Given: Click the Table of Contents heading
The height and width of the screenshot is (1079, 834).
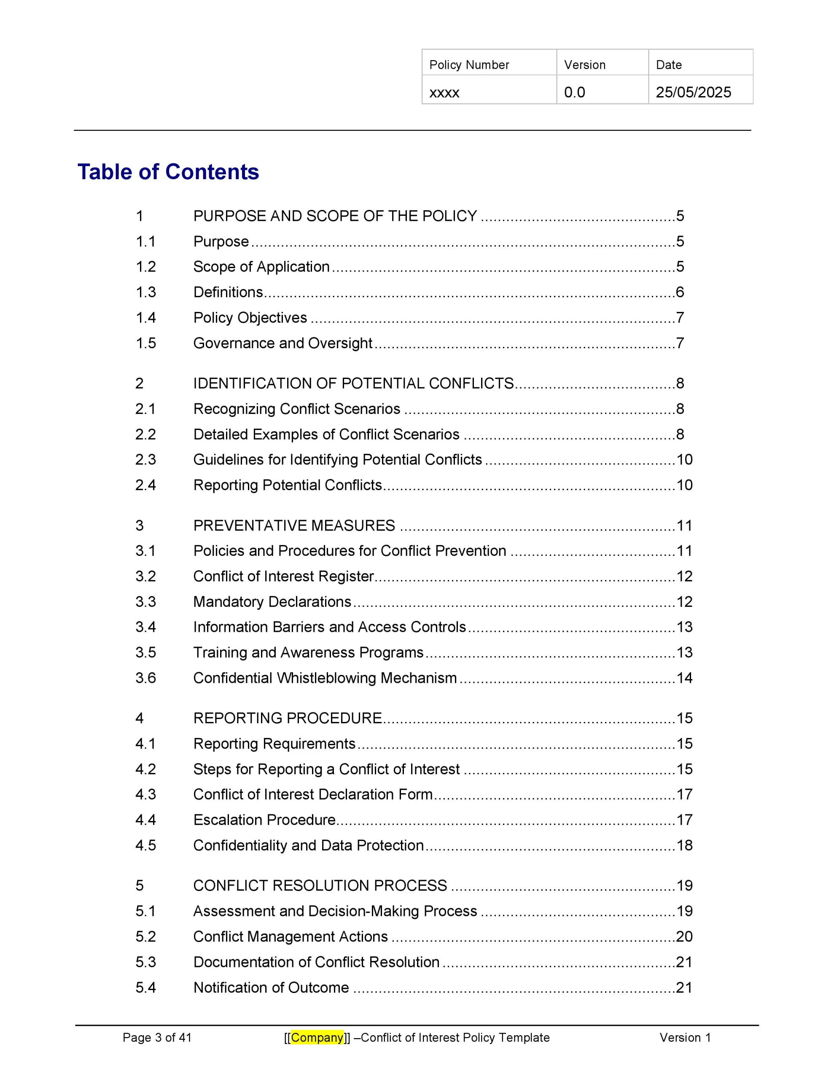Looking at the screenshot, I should [168, 172].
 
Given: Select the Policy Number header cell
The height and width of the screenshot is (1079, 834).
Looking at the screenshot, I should [469, 65].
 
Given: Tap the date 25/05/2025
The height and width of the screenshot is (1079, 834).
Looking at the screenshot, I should [693, 92].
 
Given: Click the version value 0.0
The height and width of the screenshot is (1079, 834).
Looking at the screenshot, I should [574, 92].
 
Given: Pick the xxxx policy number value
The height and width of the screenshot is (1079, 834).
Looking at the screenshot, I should [444, 93].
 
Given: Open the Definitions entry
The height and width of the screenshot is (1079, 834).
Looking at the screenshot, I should [228, 292].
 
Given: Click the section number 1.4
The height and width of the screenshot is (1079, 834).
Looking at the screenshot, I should [146, 318].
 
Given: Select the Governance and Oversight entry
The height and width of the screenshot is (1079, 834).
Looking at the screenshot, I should [282, 343].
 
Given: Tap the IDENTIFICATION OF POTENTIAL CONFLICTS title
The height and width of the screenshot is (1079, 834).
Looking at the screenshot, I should [353, 384].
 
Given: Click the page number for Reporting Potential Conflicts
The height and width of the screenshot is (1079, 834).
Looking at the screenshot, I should [684, 485].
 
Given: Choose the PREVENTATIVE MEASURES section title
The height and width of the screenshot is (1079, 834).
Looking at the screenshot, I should [294, 526].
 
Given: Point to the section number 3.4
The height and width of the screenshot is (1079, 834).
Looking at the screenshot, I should [146, 627].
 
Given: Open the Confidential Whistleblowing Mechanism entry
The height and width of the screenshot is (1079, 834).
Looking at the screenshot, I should [325, 678].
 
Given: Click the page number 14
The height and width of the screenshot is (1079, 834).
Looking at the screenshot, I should [684, 678].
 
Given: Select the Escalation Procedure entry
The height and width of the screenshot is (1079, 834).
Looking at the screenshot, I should [264, 820].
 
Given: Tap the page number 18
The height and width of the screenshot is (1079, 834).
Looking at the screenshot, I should [684, 845].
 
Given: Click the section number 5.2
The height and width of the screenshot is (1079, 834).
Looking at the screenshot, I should [146, 936].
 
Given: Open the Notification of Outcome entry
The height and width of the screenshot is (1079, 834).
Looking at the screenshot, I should [271, 987].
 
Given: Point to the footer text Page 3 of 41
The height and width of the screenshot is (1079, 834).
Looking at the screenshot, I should [157, 1038].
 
